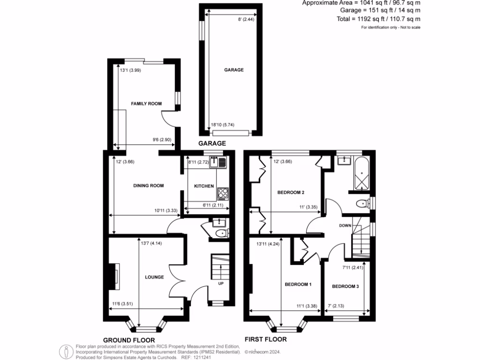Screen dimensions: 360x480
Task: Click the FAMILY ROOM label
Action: pyautogui.click(x=146, y=104)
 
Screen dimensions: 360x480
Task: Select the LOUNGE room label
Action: pyautogui.click(x=154, y=277)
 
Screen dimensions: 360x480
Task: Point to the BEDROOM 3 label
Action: pyautogui.click(x=345, y=286)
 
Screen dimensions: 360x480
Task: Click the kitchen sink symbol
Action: pyautogui.click(x=218, y=162)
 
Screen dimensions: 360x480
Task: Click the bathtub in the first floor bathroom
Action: pyautogui.click(x=362, y=174)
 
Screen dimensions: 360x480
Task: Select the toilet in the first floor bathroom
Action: pyautogui.click(x=362, y=203)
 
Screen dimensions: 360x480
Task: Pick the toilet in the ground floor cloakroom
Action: pyautogui.click(x=220, y=233)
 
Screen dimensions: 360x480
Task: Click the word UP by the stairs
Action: pyautogui.click(x=221, y=284)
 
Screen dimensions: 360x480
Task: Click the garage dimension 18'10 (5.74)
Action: pyautogui.click(x=223, y=124)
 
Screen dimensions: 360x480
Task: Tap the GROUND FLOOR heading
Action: pyautogui.click(x=128, y=340)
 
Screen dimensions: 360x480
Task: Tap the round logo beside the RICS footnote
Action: pyautogui.click(x=65, y=351)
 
